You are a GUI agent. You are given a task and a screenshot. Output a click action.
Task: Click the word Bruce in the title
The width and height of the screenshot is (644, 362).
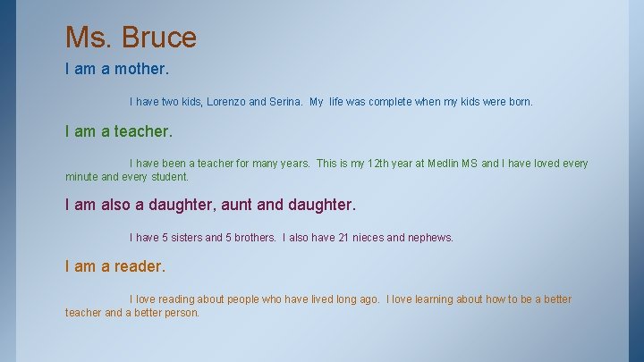point(159,38)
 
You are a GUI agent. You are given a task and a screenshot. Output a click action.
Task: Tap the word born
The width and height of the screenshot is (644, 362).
point(519,102)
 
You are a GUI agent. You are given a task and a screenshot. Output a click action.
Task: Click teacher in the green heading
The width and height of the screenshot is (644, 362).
point(142,131)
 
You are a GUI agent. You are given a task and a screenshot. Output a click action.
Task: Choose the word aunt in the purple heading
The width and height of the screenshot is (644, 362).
point(235,205)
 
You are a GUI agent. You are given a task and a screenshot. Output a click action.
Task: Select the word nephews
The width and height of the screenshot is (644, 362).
point(429,238)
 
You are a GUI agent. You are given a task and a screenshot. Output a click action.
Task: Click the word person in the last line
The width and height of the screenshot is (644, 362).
point(181,313)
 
